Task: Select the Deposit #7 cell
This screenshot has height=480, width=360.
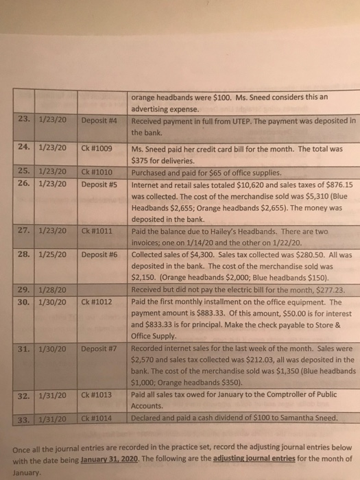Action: [x=101, y=349]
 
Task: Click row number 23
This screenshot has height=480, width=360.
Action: [x=24, y=121]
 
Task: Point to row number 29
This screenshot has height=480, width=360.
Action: [x=24, y=290]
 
